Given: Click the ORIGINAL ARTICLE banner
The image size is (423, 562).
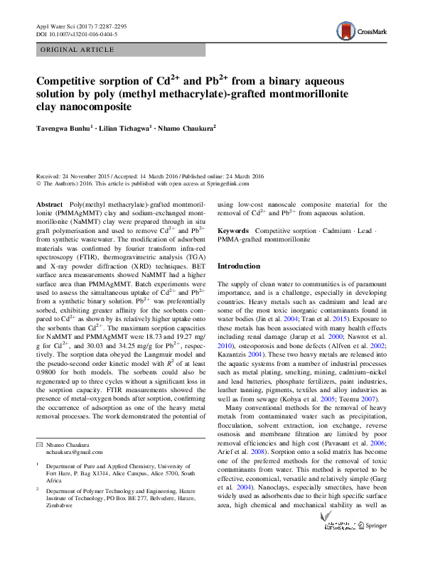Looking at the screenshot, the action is pyautogui.click(x=77, y=50).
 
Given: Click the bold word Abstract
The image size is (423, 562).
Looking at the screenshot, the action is pyautogui.click(x=50, y=204).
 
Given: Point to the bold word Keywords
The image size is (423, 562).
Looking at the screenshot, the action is pyautogui.click(x=233, y=231).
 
